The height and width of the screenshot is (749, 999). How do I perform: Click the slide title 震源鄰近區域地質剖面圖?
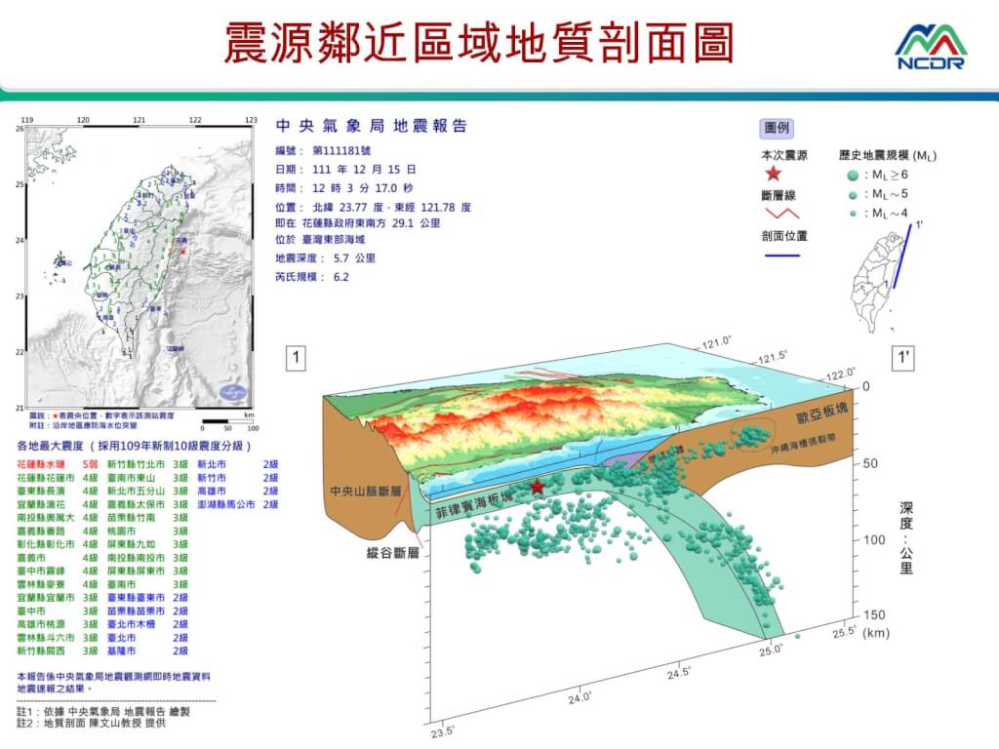pyautogui.click(x=479, y=43)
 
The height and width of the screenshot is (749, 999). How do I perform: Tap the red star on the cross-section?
pyautogui.click(x=537, y=487)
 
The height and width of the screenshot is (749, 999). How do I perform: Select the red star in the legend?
pyautogui.click(x=773, y=174)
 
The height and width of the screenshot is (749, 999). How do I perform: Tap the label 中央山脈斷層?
pyautogui.click(x=366, y=491)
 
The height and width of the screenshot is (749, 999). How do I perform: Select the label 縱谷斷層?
pyautogui.click(x=387, y=552)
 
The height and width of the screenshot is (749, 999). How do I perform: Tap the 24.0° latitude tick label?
pyautogui.click(x=581, y=697)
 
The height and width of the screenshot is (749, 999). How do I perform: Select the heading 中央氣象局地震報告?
pyautogui.click(x=372, y=127)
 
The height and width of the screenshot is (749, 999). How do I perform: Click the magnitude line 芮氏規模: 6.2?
pyautogui.click(x=312, y=276)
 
